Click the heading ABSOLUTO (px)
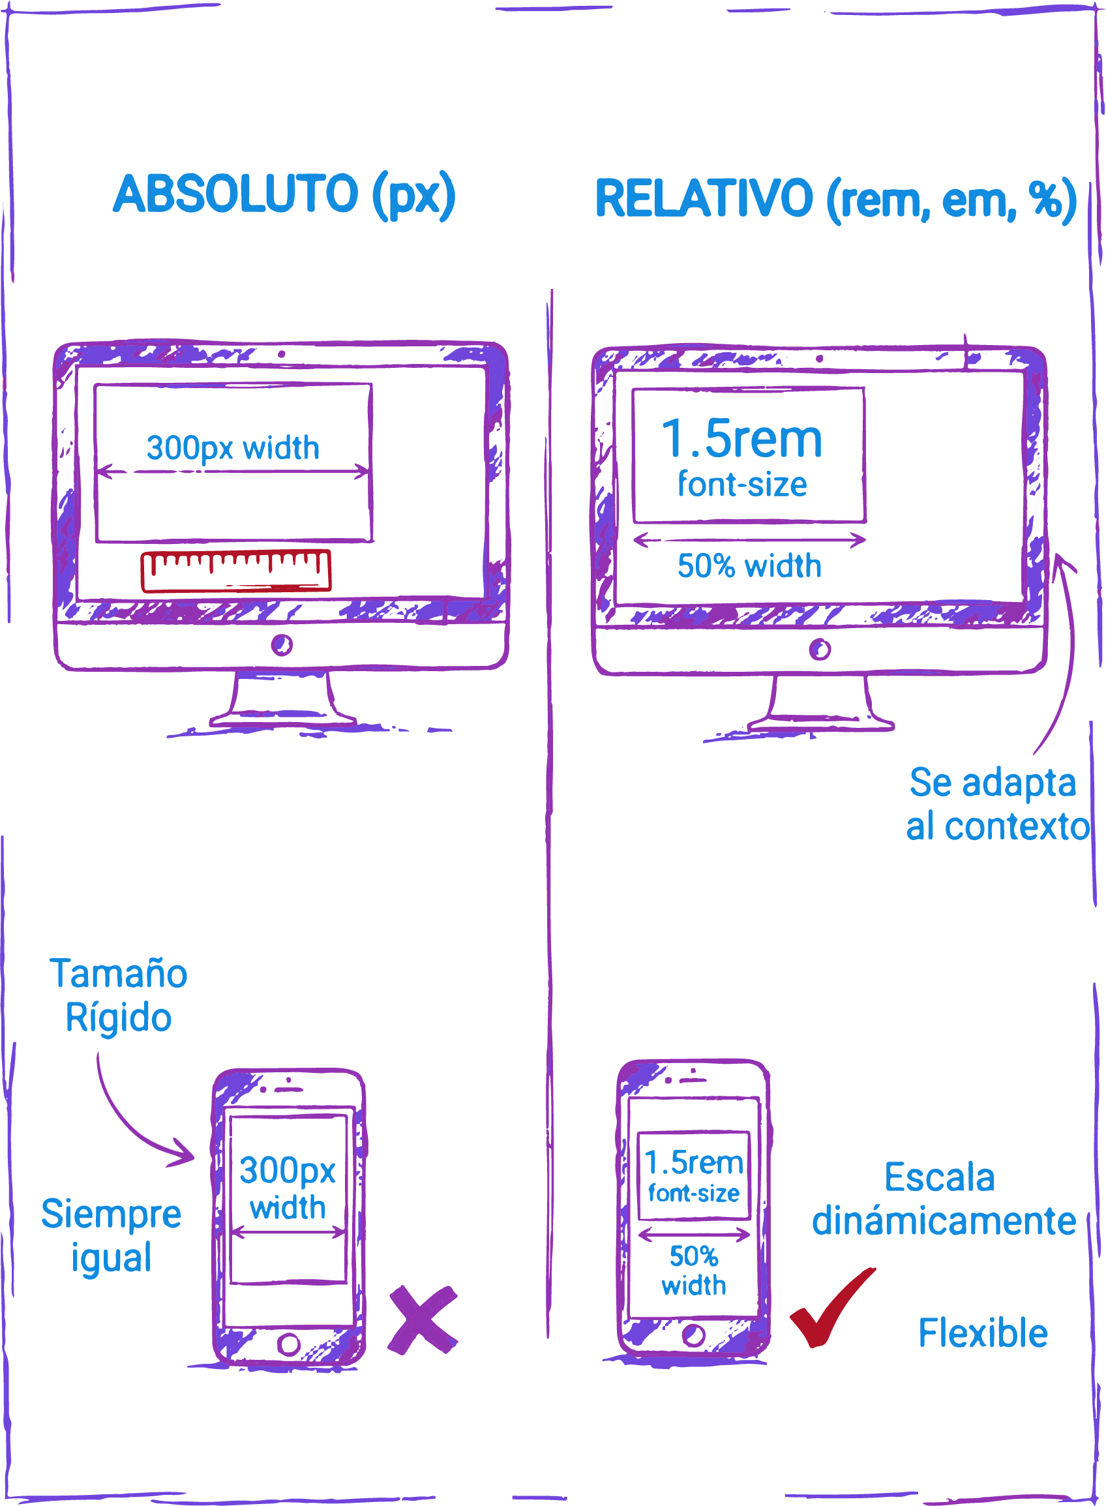click(284, 195)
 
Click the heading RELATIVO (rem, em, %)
click(835, 199)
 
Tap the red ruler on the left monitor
click(235, 571)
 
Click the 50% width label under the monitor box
click(749, 567)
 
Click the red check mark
click(831, 1308)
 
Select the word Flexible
click(982, 1333)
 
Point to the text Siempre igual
click(111, 1236)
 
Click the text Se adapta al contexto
click(996, 805)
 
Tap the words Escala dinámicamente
click(943, 1200)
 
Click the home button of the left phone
click(288, 1344)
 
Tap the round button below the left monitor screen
click(282, 646)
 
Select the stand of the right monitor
click(820, 706)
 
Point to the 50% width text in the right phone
click(694, 1271)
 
